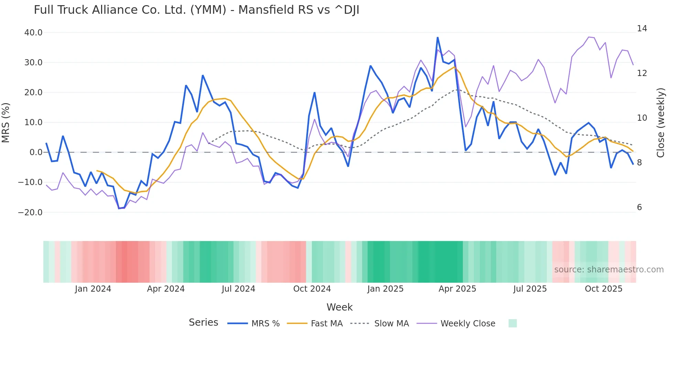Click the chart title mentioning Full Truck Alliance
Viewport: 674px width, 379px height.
tap(196, 10)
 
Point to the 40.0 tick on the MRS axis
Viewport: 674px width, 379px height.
tap(33, 33)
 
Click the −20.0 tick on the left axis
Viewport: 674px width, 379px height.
tap(30, 212)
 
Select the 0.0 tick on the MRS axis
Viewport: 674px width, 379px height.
tap(36, 152)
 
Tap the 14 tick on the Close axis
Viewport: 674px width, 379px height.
tap(642, 29)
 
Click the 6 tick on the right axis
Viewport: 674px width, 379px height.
tap(639, 207)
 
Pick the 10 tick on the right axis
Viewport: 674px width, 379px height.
tap(642, 118)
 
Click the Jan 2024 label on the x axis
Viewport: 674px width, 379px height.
tap(93, 289)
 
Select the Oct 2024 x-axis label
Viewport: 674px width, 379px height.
tap(312, 289)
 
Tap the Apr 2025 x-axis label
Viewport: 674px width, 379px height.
tap(457, 289)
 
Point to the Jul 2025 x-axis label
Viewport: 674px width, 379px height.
tap(530, 289)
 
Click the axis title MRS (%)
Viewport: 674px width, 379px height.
tap(6, 122)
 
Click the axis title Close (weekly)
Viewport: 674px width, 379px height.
tap(661, 122)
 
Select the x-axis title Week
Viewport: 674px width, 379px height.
tap(339, 307)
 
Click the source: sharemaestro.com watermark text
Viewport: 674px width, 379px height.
tap(609, 270)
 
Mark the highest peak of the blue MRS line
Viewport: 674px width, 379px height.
tap(437, 37)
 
